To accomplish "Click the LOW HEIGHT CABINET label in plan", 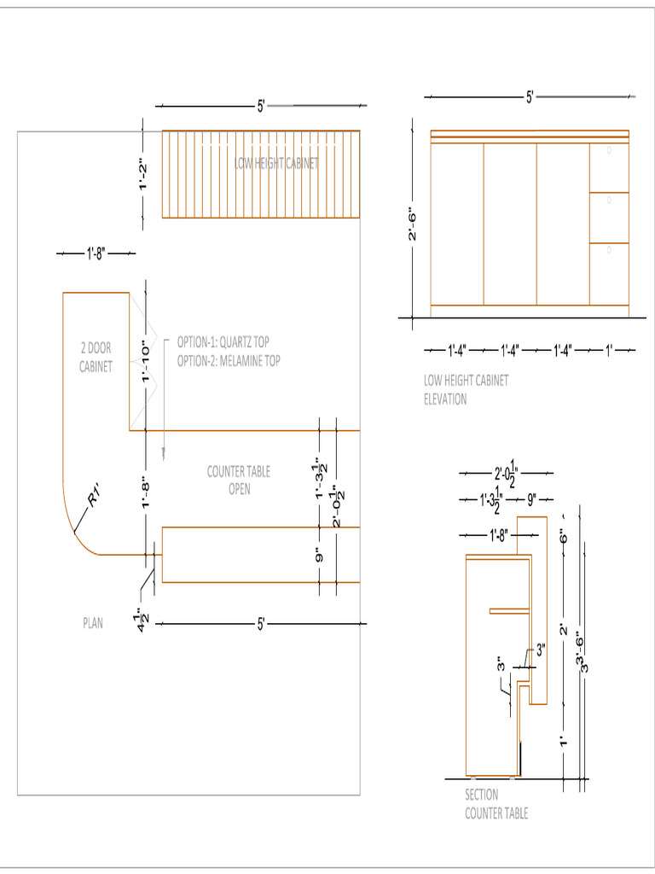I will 277,164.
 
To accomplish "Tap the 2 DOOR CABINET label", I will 96,358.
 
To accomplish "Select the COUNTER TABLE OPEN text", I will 238,481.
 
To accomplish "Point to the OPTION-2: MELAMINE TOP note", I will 229,361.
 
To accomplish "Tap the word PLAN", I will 92,623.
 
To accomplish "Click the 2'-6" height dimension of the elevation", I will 412,224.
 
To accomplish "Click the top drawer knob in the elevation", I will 610,150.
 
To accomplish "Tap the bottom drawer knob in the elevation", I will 610,250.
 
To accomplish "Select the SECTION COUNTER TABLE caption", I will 496,804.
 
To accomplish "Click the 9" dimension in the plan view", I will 319,556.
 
